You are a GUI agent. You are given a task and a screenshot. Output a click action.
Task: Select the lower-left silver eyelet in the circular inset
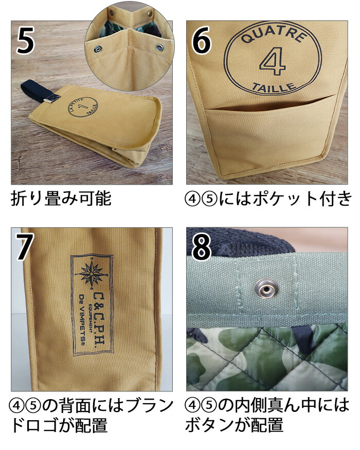[96, 48]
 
